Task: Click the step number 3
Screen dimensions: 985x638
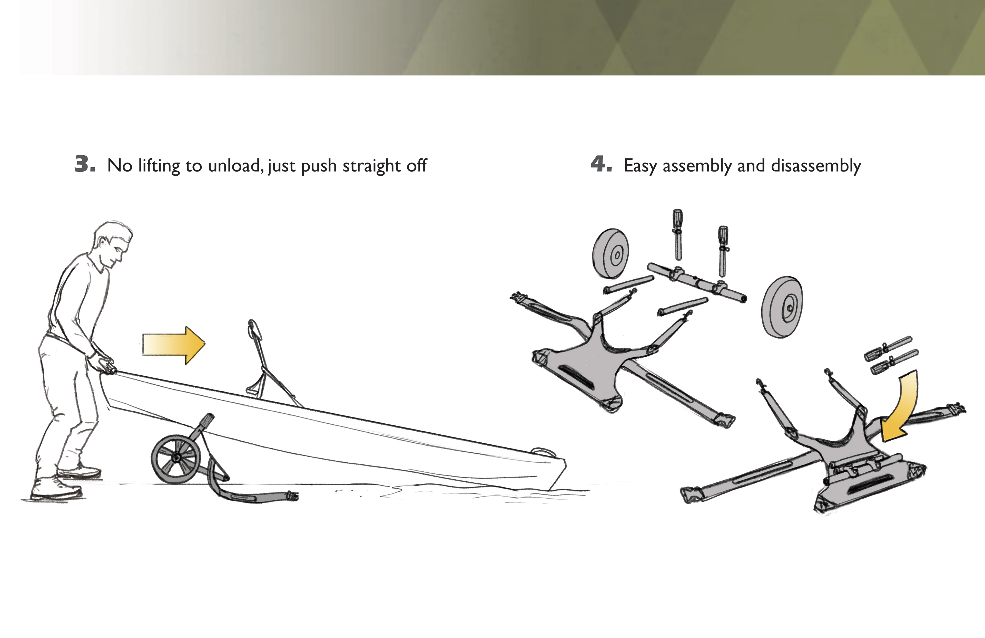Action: tap(85, 164)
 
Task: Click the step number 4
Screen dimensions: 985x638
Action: tap(601, 164)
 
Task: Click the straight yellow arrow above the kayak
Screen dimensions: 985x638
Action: tap(174, 345)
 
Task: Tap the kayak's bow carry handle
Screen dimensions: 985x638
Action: tap(540, 452)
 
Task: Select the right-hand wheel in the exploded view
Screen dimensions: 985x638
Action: tap(782, 307)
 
